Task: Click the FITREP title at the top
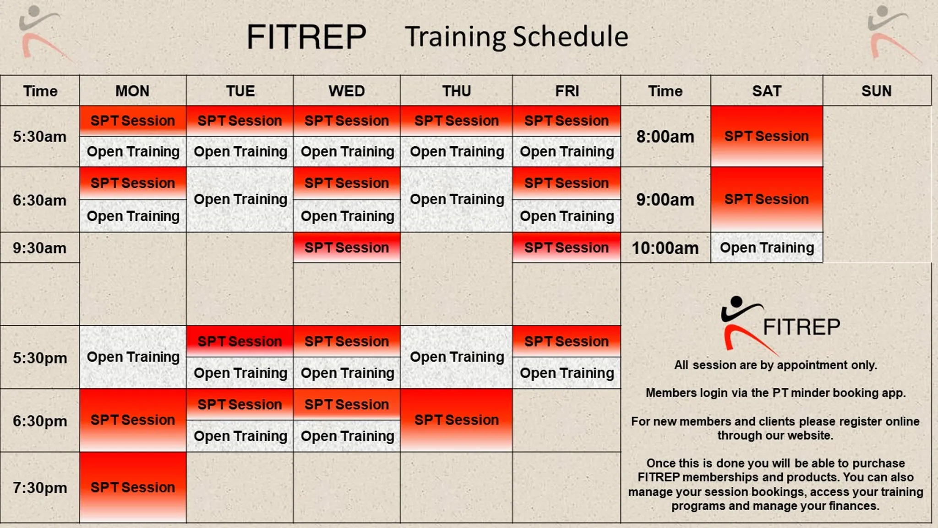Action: tap(306, 37)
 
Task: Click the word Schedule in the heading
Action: tap(570, 37)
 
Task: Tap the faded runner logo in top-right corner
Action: tap(891, 33)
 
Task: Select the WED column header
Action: tap(347, 91)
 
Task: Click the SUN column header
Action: tap(876, 91)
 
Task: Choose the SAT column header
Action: tap(766, 91)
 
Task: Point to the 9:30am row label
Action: tap(39, 248)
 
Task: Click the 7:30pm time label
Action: tap(40, 488)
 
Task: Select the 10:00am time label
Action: tap(665, 248)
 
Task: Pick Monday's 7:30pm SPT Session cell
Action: tap(133, 487)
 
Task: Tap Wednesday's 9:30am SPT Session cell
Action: tap(347, 247)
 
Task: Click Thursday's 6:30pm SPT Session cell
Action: tap(456, 420)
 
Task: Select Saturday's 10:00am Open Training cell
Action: tap(767, 247)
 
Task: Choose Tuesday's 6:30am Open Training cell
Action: tap(240, 199)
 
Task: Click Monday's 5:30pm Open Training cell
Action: tap(133, 357)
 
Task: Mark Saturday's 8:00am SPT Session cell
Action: tap(766, 136)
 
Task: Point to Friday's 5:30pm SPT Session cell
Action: tap(566, 341)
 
